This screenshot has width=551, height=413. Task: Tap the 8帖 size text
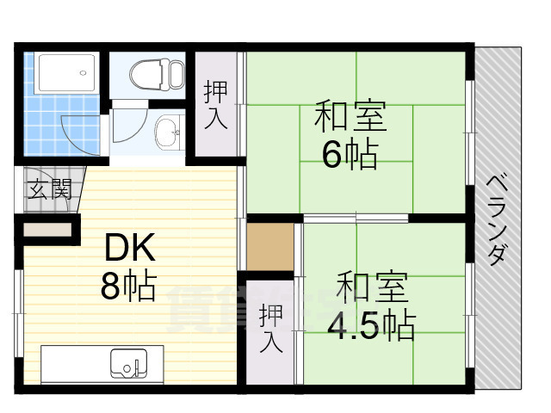coord(127,287)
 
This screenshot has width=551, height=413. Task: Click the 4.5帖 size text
coord(371,325)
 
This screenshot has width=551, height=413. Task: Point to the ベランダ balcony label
coord(497,219)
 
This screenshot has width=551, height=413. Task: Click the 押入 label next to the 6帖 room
coord(215,104)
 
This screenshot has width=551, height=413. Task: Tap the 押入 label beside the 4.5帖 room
coord(270,328)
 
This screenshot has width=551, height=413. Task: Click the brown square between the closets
coord(269,247)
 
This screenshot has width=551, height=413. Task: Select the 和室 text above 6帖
coord(349,114)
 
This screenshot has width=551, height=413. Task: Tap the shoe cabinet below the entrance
coord(46,231)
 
